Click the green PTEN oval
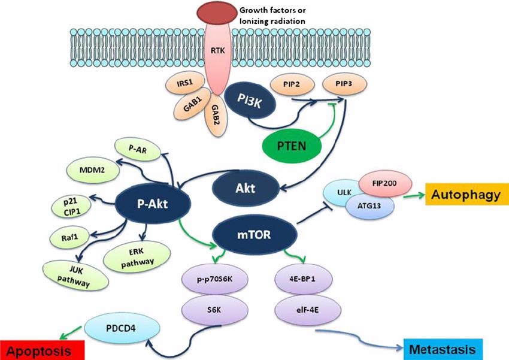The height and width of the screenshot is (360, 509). click(290, 145)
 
